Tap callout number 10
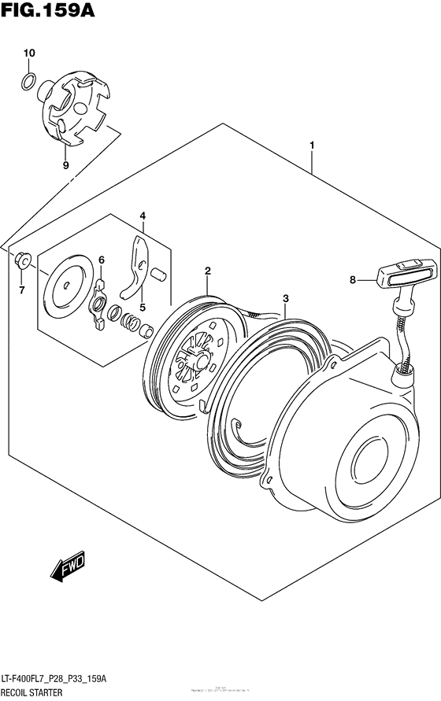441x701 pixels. click(x=28, y=53)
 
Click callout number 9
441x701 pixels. click(x=65, y=165)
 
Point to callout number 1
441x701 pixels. click(x=313, y=146)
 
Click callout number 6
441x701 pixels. click(x=102, y=260)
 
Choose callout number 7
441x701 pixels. click(x=22, y=290)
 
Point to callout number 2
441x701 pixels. click(x=207, y=271)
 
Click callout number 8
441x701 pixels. click(x=353, y=279)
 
